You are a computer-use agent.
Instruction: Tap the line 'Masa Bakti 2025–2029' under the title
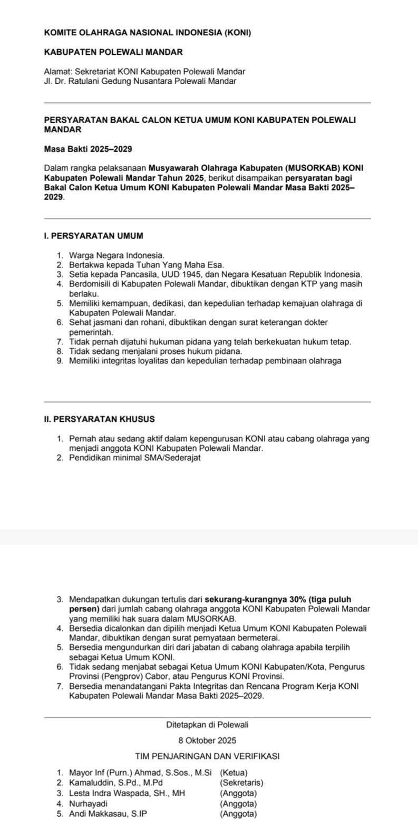[88, 149]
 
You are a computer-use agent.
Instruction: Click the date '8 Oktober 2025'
[207, 740]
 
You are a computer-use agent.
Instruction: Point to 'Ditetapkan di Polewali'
[207, 725]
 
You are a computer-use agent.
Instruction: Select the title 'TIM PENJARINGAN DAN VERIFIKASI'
[207, 756]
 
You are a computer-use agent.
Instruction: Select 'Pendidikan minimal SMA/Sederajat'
[134, 458]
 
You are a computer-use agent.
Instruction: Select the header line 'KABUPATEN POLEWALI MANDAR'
[113, 53]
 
